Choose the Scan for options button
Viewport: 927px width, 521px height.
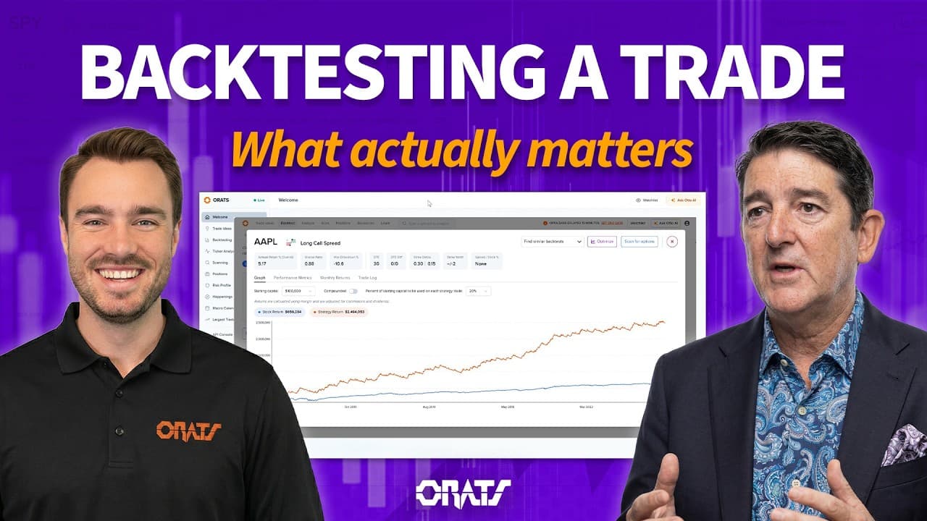(639, 242)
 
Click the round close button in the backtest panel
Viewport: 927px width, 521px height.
(672, 242)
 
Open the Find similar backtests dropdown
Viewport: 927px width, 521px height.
(553, 242)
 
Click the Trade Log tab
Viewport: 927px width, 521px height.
(368, 278)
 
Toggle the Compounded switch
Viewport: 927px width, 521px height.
(353, 291)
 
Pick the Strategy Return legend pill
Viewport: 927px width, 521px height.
(338, 313)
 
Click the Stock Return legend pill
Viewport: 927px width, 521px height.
(279, 313)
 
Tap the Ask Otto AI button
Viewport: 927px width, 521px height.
(684, 200)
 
